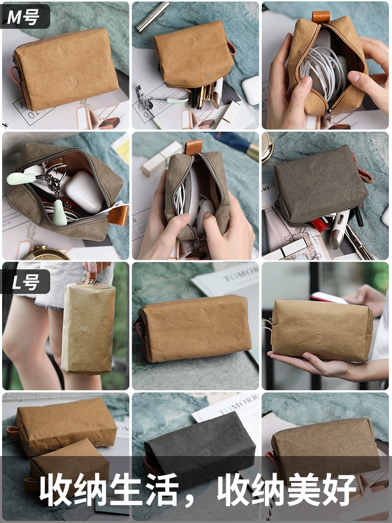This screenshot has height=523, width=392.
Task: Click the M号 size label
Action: (x=24, y=16)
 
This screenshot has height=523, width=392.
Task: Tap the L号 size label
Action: (x=25, y=282)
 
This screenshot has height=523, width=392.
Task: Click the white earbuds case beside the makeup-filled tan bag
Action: (x=250, y=90)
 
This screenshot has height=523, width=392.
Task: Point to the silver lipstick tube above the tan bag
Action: (x=153, y=17)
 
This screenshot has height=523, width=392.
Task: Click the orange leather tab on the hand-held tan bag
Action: (x=321, y=16)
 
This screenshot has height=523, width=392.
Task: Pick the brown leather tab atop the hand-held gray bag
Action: (x=193, y=147)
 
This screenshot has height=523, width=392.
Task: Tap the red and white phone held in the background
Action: (x=328, y=298)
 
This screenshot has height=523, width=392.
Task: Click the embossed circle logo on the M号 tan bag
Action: (x=71, y=82)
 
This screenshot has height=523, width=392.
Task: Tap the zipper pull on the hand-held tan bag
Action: (x=327, y=115)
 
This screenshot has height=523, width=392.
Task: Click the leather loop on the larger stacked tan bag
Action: (x=14, y=433)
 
